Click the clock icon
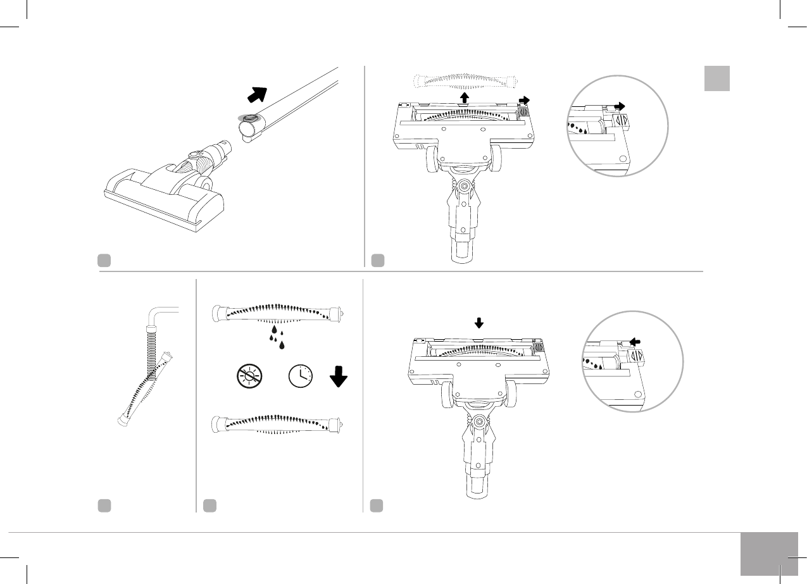(x=301, y=377)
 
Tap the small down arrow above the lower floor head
(x=479, y=323)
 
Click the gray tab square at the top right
(x=717, y=78)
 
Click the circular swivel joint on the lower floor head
(x=479, y=421)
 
